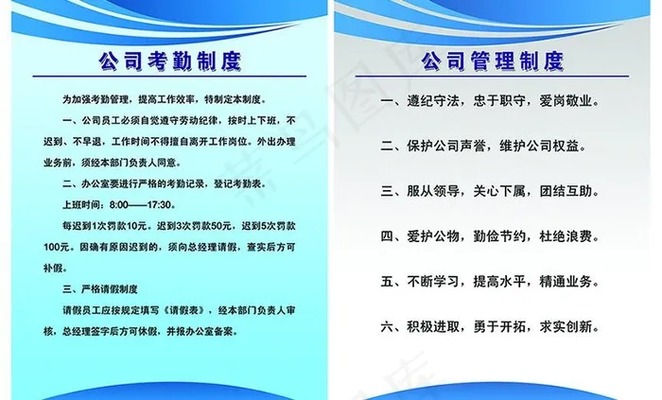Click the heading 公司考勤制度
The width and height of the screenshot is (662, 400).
tap(169, 61)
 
